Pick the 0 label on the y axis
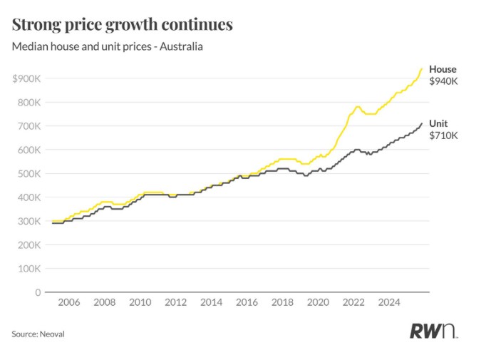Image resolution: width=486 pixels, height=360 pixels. click(x=37, y=292)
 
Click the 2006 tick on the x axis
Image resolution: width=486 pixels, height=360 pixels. click(x=68, y=302)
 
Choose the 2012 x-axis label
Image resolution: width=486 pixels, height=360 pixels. click(x=175, y=302)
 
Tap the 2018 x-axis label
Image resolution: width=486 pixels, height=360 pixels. click(x=282, y=302)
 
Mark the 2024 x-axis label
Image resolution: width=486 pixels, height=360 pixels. click(x=389, y=302)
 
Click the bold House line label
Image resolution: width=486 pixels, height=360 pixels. click(x=443, y=69)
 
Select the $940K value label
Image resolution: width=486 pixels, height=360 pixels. click(x=443, y=81)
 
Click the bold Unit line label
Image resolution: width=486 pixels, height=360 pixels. click(x=438, y=123)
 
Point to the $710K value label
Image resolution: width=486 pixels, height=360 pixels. click(x=443, y=135)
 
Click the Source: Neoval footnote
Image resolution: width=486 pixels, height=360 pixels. click(x=38, y=334)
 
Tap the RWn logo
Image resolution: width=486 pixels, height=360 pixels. click(x=433, y=331)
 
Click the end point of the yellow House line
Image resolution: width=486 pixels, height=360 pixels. click(x=422, y=68)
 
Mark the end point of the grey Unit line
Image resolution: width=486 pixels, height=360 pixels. click(x=422, y=123)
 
